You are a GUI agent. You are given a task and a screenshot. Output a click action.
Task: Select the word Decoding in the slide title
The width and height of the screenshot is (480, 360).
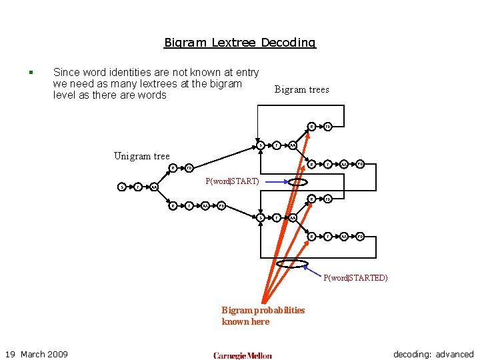pyautogui.click(x=288, y=43)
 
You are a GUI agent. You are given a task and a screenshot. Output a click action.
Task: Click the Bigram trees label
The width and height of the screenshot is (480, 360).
pyautogui.click(x=301, y=89)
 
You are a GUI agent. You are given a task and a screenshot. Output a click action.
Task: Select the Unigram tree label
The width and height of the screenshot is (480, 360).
pyautogui.click(x=141, y=156)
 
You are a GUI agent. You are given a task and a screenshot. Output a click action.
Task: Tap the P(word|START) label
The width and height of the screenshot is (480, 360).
pyautogui.click(x=232, y=181)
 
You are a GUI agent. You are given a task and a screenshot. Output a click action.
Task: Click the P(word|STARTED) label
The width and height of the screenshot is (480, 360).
pyautogui.click(x=355, y=278)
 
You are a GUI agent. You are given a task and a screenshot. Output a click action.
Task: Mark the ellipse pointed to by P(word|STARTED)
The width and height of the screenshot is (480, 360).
pyautogui.click(x=292, y=264)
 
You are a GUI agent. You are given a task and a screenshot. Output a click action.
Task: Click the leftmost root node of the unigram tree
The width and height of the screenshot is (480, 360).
pyautogui.click(x=121, y=187)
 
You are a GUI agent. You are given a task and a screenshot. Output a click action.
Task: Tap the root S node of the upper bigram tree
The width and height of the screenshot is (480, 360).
pyautogui.click(x=261, y=145)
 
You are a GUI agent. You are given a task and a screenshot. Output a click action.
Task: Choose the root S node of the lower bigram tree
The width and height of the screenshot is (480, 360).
pyautogui.click(x=261, y=217)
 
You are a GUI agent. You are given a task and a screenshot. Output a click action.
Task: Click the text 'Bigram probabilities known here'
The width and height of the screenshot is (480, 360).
pyautogui.click(x=263, y=315)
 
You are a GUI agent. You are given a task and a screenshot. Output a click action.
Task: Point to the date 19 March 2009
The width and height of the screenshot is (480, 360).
pyautogui.click(x=37, y=354)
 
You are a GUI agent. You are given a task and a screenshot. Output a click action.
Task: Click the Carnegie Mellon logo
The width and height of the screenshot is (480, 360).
pyautogui.click(x=243, y=355)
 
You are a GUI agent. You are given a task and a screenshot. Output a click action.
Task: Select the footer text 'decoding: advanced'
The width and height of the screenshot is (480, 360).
pyautogui.click(x=433, y=354)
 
